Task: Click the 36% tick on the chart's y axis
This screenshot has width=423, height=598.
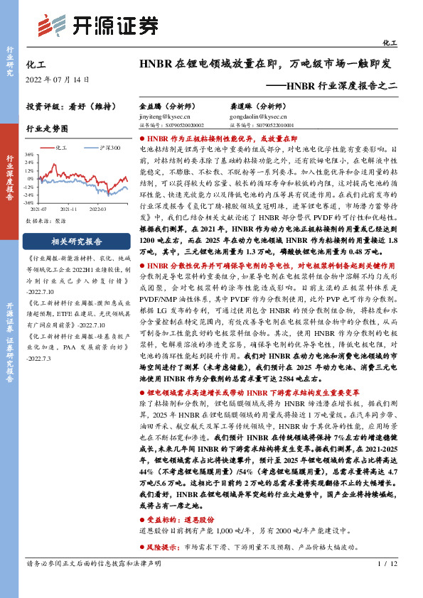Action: coord(29,154)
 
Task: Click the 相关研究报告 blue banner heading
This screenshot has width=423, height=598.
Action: coord(77,241)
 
